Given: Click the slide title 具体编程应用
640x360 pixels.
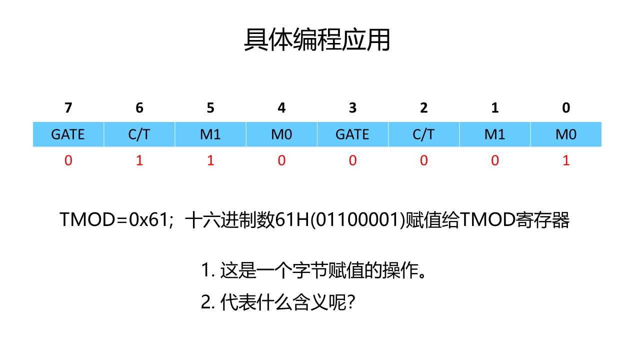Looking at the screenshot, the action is tap(317, 40).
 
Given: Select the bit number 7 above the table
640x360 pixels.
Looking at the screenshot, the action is tap(68, 108).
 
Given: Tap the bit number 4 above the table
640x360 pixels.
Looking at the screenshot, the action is tap(281, 108).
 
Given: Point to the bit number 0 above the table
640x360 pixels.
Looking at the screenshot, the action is tap(566, 108).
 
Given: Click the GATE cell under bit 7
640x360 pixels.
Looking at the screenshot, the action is tap(68, 134).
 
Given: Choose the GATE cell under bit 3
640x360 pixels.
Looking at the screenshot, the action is tap(352, 134).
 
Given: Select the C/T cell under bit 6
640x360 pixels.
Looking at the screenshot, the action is tap(139, 134).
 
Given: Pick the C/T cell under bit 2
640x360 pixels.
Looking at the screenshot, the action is tap(423, 134).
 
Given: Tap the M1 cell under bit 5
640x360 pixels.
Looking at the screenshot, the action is tap(210, 134).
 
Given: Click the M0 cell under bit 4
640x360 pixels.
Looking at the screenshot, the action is tap(281, 134).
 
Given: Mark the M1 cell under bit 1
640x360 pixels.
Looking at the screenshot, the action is tap(494, 134).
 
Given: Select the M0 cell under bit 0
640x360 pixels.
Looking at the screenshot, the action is tap(566, 134).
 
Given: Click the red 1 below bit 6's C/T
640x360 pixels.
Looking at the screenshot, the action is tap(139, 161).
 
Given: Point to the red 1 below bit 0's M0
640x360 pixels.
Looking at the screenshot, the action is tap(566, 161).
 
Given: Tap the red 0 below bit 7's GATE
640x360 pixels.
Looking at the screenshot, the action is tap(68, 161).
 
